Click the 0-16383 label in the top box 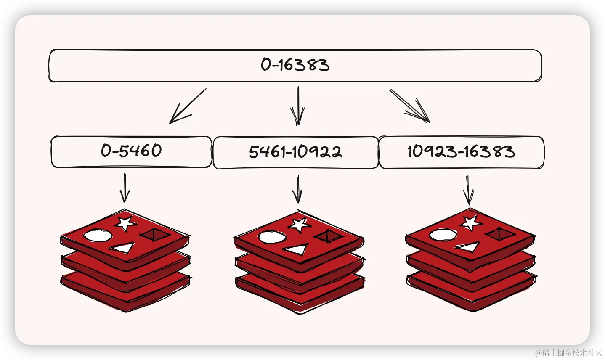point(295,65)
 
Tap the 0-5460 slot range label point(131,151)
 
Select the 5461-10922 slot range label point(295,152)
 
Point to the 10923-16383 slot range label point(461,151)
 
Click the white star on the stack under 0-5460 point(125,223)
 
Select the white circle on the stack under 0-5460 point(98,236)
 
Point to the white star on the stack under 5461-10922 point(299,224)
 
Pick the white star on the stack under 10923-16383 point(470,222)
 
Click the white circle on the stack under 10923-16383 point(443,235)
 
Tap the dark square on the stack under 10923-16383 point(500,234)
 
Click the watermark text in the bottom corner point(568,352)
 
